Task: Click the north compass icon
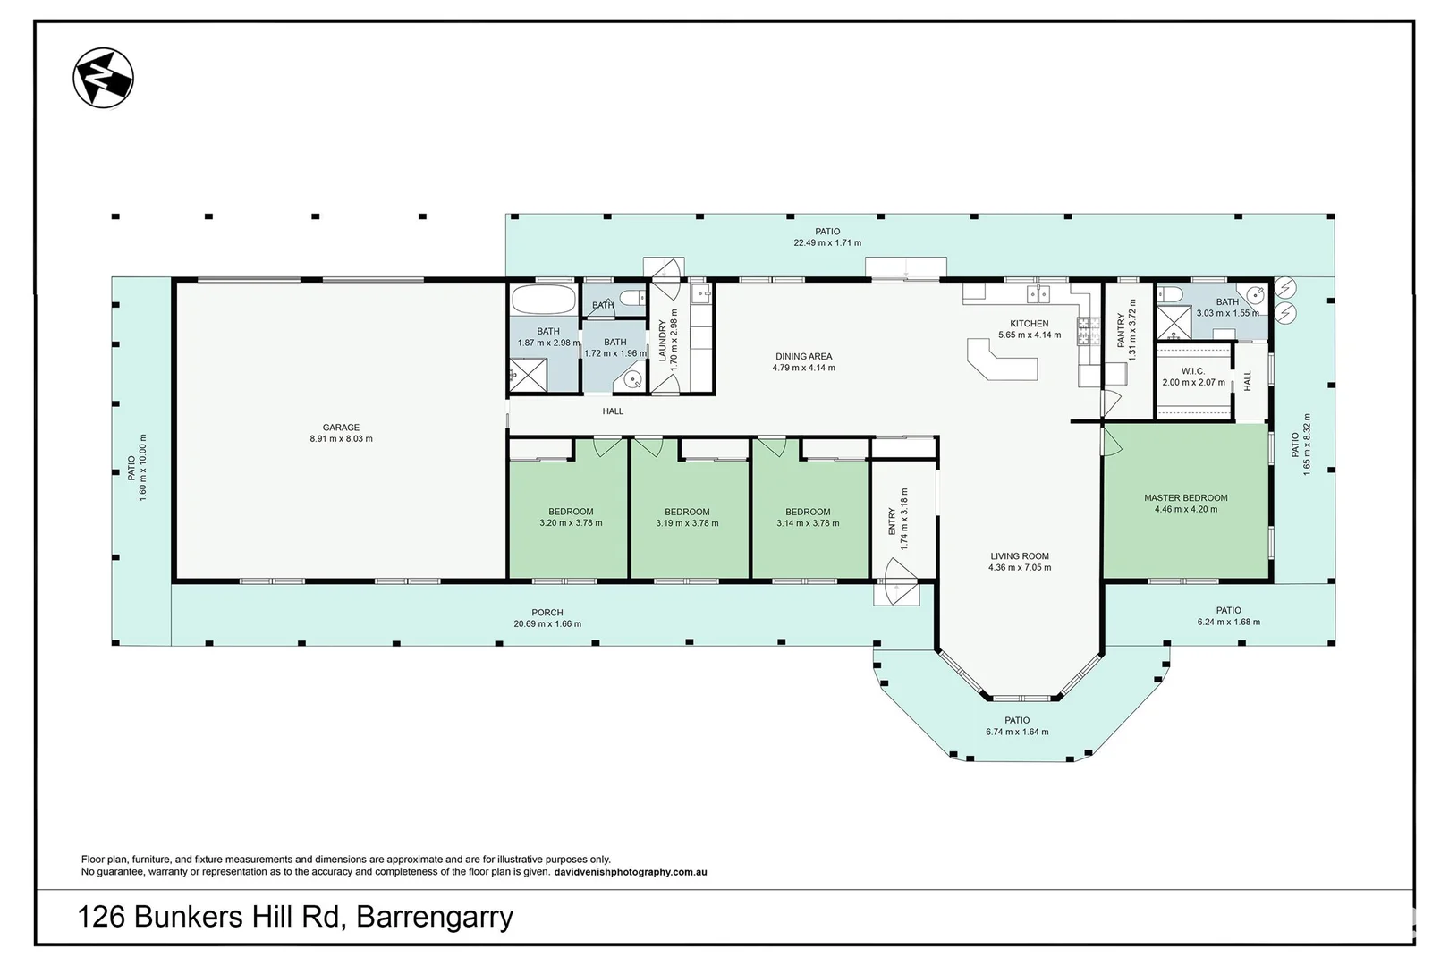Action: [x=104, y=78]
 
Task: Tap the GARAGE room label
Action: [x=341, y=428]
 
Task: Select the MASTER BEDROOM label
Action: [x=1185, y=498]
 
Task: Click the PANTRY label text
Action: [x=1121, y=330]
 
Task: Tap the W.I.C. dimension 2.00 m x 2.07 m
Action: [x=1193, y=383]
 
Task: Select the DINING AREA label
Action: [x=803, y=356]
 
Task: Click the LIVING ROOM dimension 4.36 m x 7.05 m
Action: [x=1019, y=567]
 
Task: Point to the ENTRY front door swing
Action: [x=897, y=581]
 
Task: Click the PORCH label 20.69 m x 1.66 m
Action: [x=547, y=623]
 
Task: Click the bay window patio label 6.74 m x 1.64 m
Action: [x=1017, y=732]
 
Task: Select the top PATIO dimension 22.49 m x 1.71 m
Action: [x=827, y=242]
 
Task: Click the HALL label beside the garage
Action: [x=613, y=411]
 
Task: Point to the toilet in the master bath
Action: [x=1172, y=295]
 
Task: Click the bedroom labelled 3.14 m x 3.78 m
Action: [x=808, y=518]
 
